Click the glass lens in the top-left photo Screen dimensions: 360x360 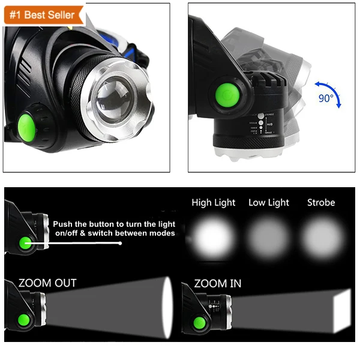click(x=118, y=97)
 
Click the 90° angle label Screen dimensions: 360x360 click(x=326, y=98)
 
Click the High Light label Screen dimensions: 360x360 click(x=214, y=203)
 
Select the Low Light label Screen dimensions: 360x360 click(x=269, y=203)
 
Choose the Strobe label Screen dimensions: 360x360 click(x=321, y=203)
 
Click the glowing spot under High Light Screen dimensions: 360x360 click(x=213, y=236)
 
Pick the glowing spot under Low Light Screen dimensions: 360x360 click(x=269, y=237)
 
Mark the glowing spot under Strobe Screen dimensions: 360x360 click(x=322, y=236)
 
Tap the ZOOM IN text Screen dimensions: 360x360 click(x=218, y=283)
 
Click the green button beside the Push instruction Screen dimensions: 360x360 click(x=25, y=243)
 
